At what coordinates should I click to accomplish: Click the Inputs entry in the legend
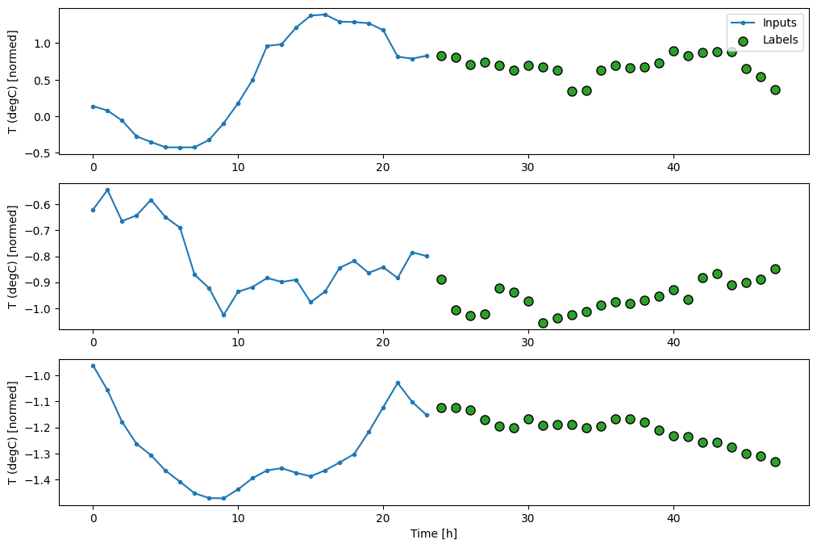780,23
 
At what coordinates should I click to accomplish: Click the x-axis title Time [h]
434,533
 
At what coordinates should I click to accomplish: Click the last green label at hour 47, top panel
775,90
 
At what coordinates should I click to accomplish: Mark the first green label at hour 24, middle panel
441,279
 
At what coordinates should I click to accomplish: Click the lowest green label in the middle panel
543,323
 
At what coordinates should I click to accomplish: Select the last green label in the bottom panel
775,462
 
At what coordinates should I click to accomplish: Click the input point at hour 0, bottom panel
93,366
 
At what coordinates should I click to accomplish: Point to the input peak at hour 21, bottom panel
398,383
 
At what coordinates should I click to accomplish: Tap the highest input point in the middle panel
107,190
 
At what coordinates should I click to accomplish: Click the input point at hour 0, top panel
93,107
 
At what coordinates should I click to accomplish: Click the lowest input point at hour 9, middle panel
223,315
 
